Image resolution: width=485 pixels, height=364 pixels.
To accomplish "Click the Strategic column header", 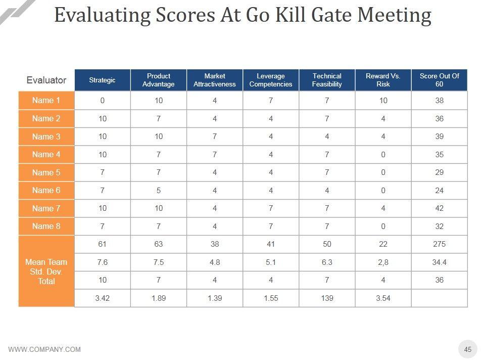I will pos(102,80).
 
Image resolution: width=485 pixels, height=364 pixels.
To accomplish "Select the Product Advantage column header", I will pos(159,80).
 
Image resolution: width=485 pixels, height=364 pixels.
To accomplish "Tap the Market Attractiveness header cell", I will pos(215,80).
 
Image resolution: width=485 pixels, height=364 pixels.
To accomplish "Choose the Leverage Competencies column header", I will pos(271,80).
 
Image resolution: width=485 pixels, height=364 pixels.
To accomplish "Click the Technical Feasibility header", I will pos(327,80).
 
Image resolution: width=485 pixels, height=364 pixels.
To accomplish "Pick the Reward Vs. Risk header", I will pos(383,80).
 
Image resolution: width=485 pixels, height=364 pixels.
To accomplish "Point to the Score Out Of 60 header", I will pos(439,80).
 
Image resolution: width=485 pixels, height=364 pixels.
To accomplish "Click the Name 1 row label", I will pos(46,101).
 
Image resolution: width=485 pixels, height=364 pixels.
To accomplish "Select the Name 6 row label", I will pos(46,191).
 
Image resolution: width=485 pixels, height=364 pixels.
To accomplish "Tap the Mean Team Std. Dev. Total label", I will pos(46,271).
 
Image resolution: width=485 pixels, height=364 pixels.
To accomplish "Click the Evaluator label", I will pos(46,80).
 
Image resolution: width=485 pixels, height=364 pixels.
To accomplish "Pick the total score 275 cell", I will pos(439,244).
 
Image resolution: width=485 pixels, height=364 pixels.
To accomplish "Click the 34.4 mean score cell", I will pos(439,262).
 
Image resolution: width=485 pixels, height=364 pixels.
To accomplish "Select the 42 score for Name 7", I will pos(439,208).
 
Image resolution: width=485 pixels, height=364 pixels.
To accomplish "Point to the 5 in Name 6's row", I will pos(159,191).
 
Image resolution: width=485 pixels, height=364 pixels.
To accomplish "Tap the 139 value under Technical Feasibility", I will pos(327,298).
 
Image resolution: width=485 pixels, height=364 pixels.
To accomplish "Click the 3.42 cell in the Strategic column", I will pos(102,298).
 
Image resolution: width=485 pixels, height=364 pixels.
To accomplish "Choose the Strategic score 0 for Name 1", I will pos(102,101).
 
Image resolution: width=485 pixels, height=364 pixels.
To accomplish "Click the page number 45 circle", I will pos(468,349).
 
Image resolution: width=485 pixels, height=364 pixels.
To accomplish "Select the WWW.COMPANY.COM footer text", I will pos(44,349).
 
